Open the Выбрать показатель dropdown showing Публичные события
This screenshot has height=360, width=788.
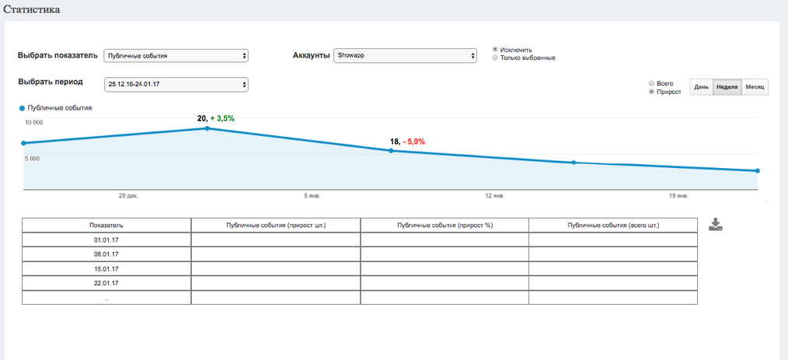[x=176, y=56]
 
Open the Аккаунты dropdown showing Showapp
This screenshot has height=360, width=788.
[x=404, y=56]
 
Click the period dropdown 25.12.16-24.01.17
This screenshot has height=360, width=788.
[x=176, y=84]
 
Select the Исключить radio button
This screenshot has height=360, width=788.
[x=495, y=50]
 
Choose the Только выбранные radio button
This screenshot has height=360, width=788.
[x=495, y=58]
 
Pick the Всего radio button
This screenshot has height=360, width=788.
[x=651, y=83]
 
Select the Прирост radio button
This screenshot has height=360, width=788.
[x=651, y=92]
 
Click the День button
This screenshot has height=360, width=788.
[x=700, y=87]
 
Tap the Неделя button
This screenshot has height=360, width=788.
[x=726, y=87]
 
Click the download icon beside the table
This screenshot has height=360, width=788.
[x=717, y=225]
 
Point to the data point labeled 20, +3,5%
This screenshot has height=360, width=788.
[x=207, y=128]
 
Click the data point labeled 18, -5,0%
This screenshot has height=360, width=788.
[x=391, y=151]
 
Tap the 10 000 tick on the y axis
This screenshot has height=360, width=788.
[x=33, y=123]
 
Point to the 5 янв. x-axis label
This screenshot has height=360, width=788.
[x=311, y=196]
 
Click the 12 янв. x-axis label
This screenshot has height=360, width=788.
[x=494, y=196]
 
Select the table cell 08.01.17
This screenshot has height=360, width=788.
[x=106, y=253]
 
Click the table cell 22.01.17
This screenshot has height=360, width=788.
[x=106, y=283]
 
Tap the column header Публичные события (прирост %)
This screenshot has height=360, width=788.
[x=444, y=225]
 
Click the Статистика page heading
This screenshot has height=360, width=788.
[x=33, y=9]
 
